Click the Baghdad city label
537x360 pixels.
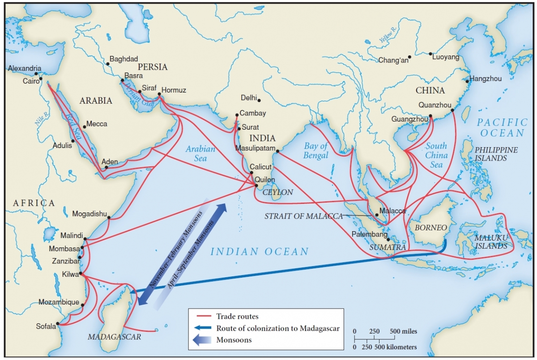coord(124,59)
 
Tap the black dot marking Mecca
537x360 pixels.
coord(84,127)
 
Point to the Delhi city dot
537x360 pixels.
coord(259,100)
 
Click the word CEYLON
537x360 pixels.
coord(277,192)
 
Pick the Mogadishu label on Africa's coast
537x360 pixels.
coord(89,214)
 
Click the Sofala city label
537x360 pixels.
coord(46,326)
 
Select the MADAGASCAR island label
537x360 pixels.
coord(114,337)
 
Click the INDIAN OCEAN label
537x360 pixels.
coord(260,251)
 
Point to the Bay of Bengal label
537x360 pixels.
coord(316,150)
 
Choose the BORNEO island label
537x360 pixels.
coord(431,228)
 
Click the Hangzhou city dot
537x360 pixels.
coord(467,81)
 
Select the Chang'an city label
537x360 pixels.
coord(393,60)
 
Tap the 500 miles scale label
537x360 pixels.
coord(403,331)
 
